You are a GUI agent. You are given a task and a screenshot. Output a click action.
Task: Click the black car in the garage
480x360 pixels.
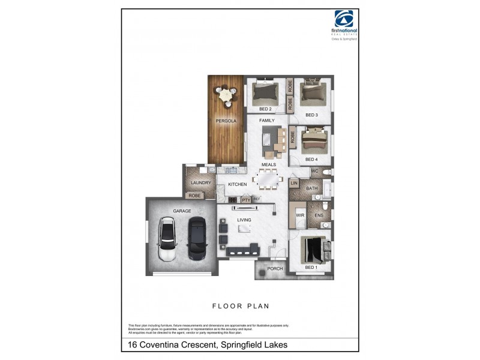197,238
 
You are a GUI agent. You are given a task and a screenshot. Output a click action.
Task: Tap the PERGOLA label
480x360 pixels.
226,121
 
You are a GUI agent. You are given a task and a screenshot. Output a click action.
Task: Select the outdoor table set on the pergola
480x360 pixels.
226,94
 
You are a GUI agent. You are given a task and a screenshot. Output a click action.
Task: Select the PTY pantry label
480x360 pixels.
245,199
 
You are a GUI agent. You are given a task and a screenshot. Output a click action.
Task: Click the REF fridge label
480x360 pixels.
257,199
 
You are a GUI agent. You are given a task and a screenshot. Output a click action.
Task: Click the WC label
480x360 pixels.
314,171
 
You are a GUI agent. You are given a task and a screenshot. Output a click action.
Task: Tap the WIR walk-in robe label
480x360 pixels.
300,215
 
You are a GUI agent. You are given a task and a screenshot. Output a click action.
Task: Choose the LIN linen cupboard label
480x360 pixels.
294,182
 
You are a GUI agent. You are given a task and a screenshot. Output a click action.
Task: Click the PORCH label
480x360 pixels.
275,268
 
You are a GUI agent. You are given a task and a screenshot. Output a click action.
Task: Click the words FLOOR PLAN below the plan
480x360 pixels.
241,306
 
